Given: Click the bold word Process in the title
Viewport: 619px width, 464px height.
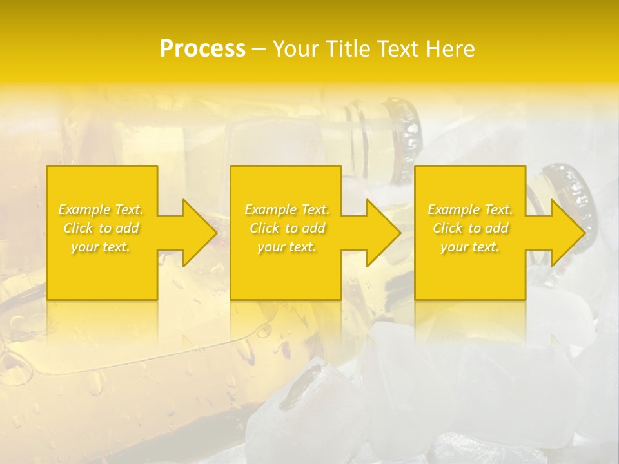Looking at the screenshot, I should [202, 49].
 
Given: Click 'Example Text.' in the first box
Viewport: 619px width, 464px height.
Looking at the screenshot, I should [101, 209].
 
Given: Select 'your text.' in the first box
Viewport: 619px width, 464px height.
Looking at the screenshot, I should [101, 247].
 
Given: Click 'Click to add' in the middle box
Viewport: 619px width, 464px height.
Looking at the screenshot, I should [287, 228].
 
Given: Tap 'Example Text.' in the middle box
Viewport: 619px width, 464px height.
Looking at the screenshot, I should [287, 209].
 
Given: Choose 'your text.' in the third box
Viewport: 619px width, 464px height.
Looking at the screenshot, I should [470, 247].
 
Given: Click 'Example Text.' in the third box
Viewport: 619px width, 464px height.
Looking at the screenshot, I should [470, 209].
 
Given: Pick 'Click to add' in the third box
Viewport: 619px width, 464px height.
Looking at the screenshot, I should [470, 228].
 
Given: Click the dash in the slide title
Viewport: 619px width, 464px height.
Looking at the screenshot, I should [259, 49].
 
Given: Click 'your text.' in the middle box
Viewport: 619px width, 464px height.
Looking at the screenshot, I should [287, 247].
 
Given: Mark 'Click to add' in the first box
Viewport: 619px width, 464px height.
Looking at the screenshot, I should [101, 228].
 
